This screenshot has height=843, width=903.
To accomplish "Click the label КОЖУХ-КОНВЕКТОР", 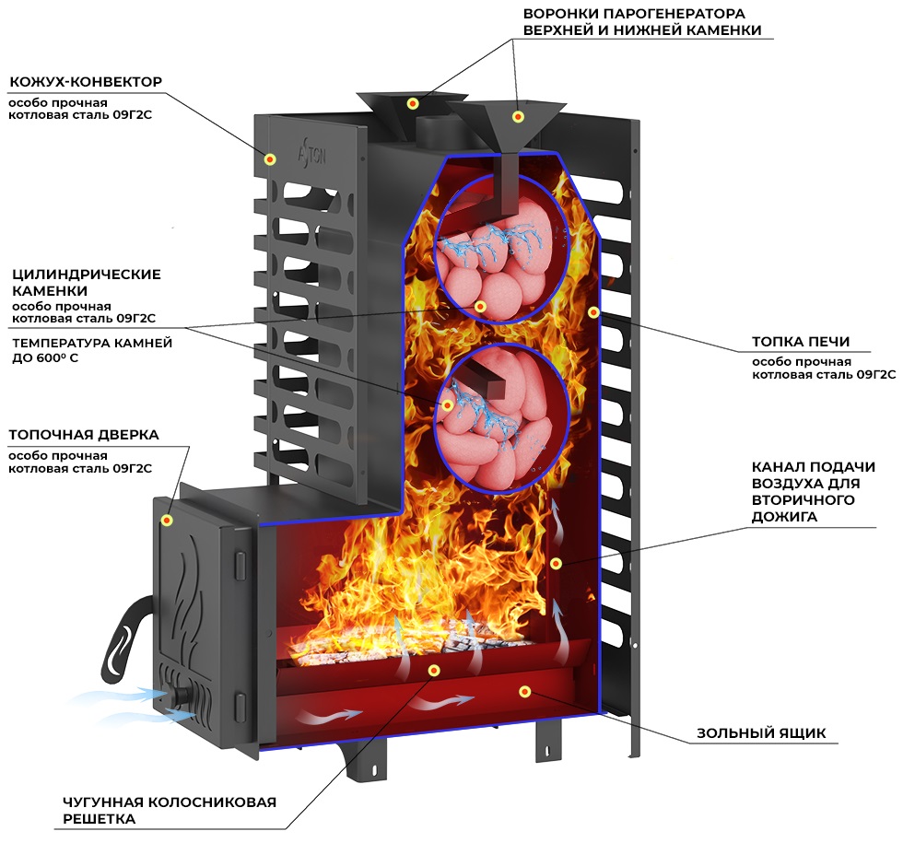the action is pos(86,82).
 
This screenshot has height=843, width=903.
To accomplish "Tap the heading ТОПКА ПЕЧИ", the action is pos(801,342).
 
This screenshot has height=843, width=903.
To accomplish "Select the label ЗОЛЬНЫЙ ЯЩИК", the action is pos(761,733).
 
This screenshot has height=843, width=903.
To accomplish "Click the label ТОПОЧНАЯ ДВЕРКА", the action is pos(84,435).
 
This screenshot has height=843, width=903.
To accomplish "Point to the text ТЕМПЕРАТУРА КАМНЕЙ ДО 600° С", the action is pos(92,350).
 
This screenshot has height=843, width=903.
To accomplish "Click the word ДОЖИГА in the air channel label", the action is pos(784,517).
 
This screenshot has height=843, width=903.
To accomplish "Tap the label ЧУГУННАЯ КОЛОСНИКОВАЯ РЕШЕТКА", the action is pos(170,810).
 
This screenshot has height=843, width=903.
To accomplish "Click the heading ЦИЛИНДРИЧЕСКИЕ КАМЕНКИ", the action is pos(87,282).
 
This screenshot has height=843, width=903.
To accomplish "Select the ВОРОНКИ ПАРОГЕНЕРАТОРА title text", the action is pos(642,21).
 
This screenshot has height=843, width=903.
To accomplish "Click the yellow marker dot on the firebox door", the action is pos(167,521).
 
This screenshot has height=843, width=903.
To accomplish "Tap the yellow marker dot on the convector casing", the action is pos(269,159).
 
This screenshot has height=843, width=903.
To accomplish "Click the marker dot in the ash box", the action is pos(524,692).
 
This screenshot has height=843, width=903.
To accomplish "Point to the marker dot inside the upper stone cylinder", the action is pos(480,306).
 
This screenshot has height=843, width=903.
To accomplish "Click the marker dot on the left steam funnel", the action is pos(413,103).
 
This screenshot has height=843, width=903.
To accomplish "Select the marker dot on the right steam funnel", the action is pos(518,117).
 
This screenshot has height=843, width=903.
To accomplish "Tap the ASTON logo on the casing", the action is pos(311,154).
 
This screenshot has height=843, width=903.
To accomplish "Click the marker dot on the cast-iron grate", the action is pos(434,670).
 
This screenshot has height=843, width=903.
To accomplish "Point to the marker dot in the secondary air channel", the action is pos(556,563).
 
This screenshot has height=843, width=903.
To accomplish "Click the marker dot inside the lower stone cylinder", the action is pos(447,405).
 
